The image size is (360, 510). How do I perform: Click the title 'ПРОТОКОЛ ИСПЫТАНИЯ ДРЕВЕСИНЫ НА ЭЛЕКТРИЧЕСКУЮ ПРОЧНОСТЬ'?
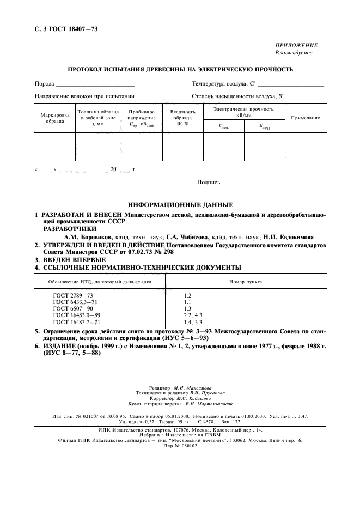click(180, 69)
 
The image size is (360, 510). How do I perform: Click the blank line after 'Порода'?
click(95, 84)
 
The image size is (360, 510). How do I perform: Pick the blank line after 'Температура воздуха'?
click(291, 84)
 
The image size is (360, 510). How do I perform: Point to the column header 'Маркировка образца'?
click(55, 118)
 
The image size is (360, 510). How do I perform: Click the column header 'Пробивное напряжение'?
click(142, 118)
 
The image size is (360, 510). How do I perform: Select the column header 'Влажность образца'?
click(182, 118)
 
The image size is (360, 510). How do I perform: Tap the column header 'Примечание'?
click(305, 118)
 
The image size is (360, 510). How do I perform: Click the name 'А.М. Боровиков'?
click(88, 238)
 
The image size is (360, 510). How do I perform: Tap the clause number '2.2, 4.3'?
click(193, 315)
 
